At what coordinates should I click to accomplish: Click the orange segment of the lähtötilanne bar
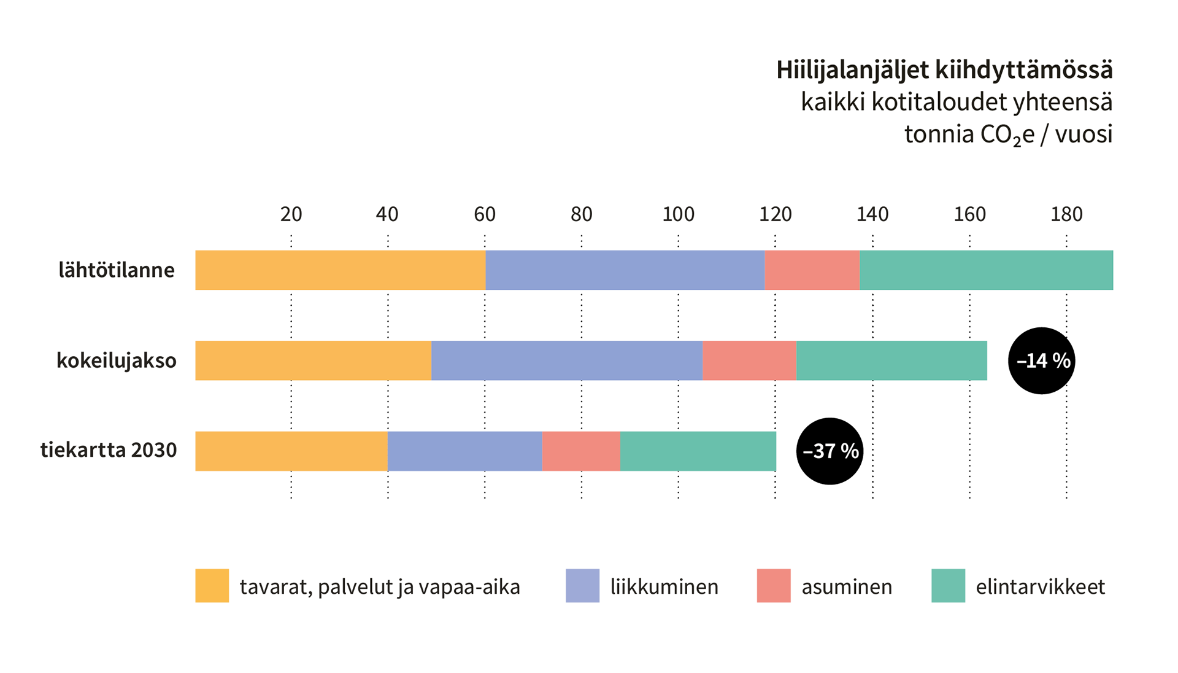340,270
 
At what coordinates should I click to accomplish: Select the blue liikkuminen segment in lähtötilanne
625,270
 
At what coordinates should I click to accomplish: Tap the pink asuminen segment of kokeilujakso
749,360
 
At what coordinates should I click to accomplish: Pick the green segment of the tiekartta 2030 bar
698,451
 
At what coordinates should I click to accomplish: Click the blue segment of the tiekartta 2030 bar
464,451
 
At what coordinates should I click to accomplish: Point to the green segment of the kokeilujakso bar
891,360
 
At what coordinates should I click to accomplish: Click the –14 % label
1043,360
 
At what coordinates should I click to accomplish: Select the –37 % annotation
831,451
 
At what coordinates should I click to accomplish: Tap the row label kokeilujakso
117,360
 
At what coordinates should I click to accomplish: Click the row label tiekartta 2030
109,450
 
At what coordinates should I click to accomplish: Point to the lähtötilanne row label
117,270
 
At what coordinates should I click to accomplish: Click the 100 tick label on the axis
678,214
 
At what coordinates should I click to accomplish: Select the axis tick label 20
291,214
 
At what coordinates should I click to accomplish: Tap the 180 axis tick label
1066,214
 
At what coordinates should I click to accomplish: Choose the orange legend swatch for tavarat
212,586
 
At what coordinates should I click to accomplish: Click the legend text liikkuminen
664,587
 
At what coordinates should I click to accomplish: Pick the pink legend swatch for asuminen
774,586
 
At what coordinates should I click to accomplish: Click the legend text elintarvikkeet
1041,587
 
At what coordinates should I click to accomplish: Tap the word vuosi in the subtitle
1084,134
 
